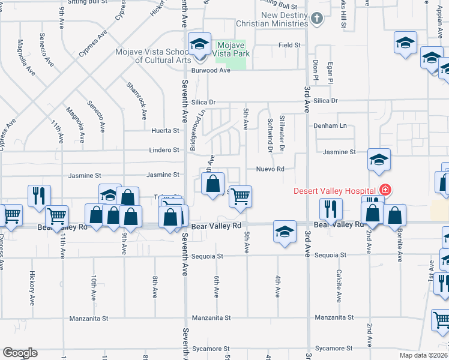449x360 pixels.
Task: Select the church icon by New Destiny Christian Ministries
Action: point(318,19)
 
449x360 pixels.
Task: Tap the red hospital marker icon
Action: point(384,191)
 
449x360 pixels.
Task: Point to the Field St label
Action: point(289,45)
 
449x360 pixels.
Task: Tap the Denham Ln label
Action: point(331,126)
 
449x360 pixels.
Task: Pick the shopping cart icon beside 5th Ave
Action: point(240,196)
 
